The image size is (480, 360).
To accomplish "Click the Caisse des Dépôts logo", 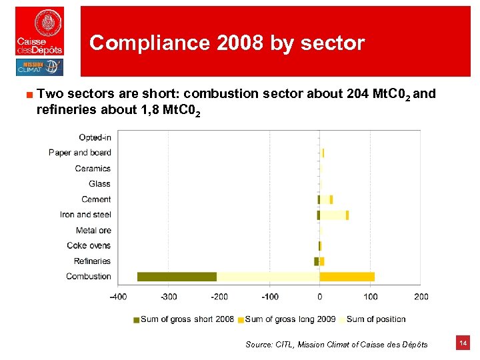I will (x=40, y=31).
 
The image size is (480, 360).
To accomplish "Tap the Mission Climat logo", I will (x=39, y=67).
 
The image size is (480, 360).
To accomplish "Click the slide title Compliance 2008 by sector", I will (x=227, y=43).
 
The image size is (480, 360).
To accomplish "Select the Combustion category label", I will (x=88, y=277).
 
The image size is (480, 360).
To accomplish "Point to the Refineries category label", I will (x=92, y=261).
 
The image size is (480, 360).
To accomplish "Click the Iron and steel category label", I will (x=85, y=215).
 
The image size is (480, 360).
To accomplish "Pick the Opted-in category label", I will (x=95, y=137).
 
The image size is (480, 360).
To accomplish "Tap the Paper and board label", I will (x=79, y=153).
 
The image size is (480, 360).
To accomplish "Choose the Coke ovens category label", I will (x=89, y=245).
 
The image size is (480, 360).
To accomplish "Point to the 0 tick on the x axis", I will (x=320, y=297).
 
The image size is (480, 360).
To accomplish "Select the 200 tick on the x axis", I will (x=421, y=297).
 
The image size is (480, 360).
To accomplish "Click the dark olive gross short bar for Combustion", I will (x=177, y=277).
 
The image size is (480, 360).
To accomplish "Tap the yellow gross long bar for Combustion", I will (x=347, y=277).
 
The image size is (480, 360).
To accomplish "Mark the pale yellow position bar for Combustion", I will (x=268, y=277).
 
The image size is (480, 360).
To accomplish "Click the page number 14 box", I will (x=463, y=343).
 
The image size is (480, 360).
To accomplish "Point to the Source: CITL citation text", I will (x=336, y=345).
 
